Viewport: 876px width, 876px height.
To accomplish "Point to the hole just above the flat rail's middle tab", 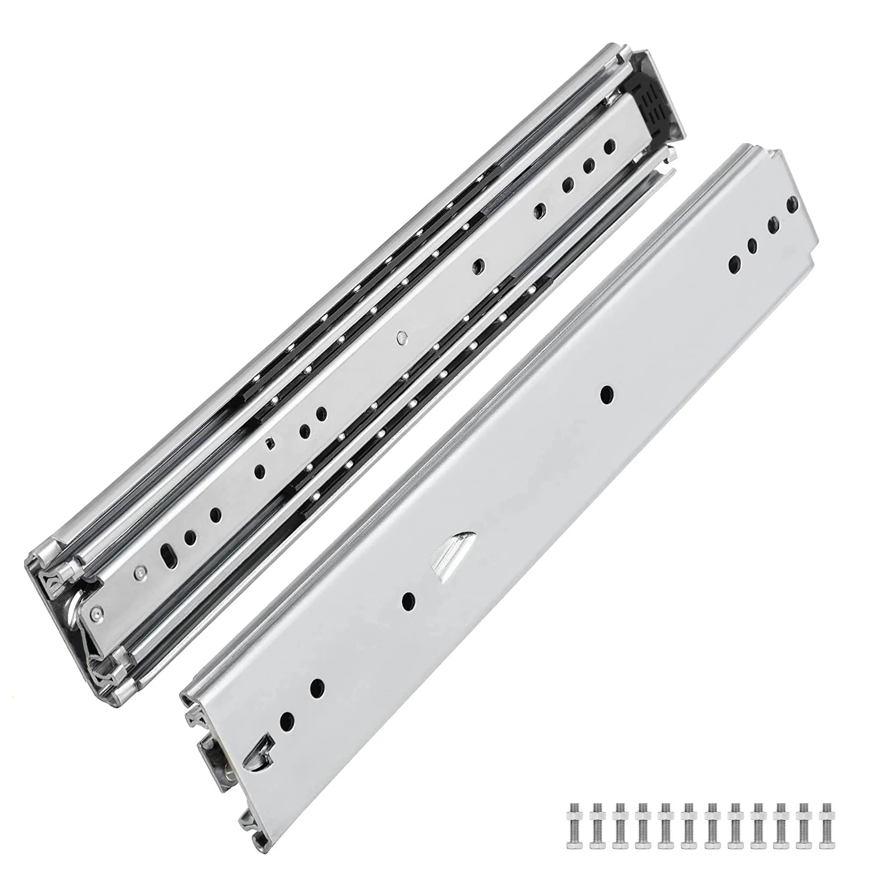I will (605, 396).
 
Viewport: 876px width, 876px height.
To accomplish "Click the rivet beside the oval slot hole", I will (139, 574).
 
